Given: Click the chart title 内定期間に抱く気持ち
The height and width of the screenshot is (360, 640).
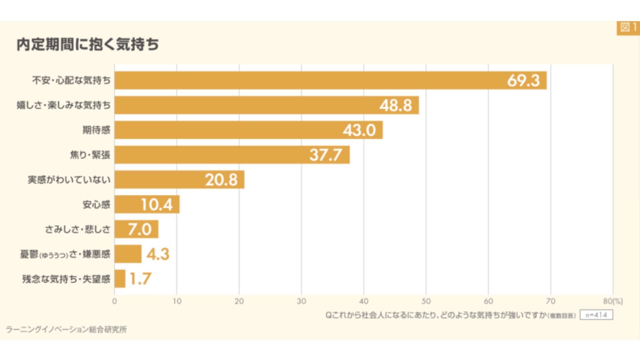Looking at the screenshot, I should [x=88, y=44].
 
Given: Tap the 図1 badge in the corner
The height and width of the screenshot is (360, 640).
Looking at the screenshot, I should [x=628, y=28].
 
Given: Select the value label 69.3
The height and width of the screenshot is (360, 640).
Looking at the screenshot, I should [x=523, y=80].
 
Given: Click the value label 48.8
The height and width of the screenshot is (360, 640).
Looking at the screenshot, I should [x=396, y=105].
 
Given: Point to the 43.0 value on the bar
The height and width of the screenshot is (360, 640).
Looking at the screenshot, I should [x=359, y=130].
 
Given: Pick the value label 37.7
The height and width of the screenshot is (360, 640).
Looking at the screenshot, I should [x=326, y=155].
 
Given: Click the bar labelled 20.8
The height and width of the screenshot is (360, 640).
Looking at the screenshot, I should [x=179, y=180].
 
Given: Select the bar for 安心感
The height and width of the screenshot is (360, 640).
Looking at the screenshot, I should [x=147, y=204].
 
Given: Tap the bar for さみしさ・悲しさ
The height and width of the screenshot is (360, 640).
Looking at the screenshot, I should [x=136, y=229].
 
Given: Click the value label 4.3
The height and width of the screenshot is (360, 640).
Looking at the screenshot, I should [x=158, y=254].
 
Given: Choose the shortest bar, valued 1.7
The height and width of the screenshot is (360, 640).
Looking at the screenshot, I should [x=120, y=279].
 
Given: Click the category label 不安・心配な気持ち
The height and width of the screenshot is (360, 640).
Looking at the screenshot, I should [x=71, y=80].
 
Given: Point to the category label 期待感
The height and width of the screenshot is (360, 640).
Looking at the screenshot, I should [x=96, y=130].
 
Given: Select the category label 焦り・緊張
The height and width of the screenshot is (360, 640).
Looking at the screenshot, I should [x=90, y=155].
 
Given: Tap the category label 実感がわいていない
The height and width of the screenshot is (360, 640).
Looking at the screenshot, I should [x=69, y=180].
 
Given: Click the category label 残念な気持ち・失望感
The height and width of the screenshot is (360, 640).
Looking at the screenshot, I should [x=66, y=279].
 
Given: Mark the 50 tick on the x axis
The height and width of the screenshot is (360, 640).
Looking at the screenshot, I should [x=426, y=301].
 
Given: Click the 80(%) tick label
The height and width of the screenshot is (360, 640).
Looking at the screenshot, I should [x=613, y=301].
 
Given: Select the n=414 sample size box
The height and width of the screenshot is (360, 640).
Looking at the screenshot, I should [x=596, y=315].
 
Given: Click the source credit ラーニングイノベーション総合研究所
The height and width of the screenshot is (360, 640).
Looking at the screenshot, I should [x=66, y=330].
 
